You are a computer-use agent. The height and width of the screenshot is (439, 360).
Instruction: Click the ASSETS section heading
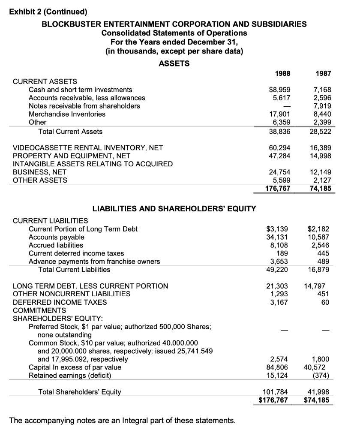click(x=174, y=63)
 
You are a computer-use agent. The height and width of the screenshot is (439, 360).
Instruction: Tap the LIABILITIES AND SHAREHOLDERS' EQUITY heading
click(x=174, y=209)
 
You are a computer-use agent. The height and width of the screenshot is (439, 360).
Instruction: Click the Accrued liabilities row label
click(x=56, y=245)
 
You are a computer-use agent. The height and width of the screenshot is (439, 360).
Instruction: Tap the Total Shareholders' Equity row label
click(x=80, y=391)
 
